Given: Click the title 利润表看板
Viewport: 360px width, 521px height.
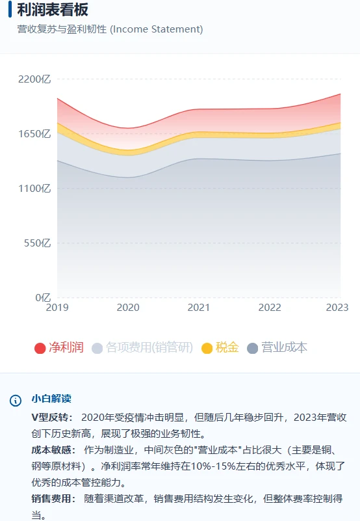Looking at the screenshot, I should point(53,10).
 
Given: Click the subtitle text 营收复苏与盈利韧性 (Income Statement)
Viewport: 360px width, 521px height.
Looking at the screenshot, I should point(110,29).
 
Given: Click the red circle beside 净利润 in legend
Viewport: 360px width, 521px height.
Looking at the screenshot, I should point(40,348).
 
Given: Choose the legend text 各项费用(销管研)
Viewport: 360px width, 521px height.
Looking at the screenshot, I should point(149,347).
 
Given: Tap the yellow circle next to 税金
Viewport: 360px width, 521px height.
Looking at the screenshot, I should point(207,348).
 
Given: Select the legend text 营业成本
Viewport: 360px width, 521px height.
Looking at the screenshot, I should point(284,347).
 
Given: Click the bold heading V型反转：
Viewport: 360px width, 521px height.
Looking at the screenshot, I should point(52,416).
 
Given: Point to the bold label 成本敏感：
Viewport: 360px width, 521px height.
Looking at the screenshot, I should point(52,449).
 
